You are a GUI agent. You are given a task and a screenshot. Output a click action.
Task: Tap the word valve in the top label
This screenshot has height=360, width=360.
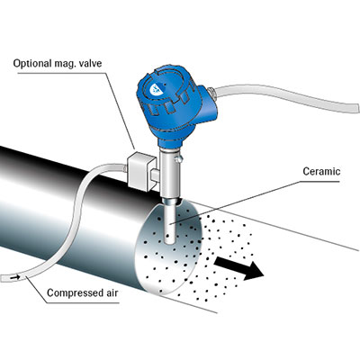90,63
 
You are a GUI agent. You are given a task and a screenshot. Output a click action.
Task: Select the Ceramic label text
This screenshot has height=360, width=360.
321,171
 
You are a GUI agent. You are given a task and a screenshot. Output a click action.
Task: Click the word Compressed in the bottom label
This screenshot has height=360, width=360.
73,292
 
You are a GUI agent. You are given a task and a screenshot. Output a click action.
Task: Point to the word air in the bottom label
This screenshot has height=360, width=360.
110,292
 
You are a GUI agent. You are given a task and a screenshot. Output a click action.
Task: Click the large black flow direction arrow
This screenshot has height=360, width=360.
238,268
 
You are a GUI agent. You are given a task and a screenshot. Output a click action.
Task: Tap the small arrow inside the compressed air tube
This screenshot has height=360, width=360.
15,277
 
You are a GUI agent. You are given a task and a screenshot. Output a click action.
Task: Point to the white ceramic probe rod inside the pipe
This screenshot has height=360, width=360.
170,221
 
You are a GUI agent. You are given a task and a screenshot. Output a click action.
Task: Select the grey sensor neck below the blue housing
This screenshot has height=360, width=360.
167,173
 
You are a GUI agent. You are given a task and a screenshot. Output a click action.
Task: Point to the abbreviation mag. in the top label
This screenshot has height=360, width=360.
65,64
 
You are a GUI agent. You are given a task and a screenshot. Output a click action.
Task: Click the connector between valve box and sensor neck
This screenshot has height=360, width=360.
155,175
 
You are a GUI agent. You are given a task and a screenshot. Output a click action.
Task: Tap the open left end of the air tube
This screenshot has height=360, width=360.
3,278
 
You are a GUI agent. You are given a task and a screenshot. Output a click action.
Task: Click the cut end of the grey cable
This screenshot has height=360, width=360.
357,107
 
